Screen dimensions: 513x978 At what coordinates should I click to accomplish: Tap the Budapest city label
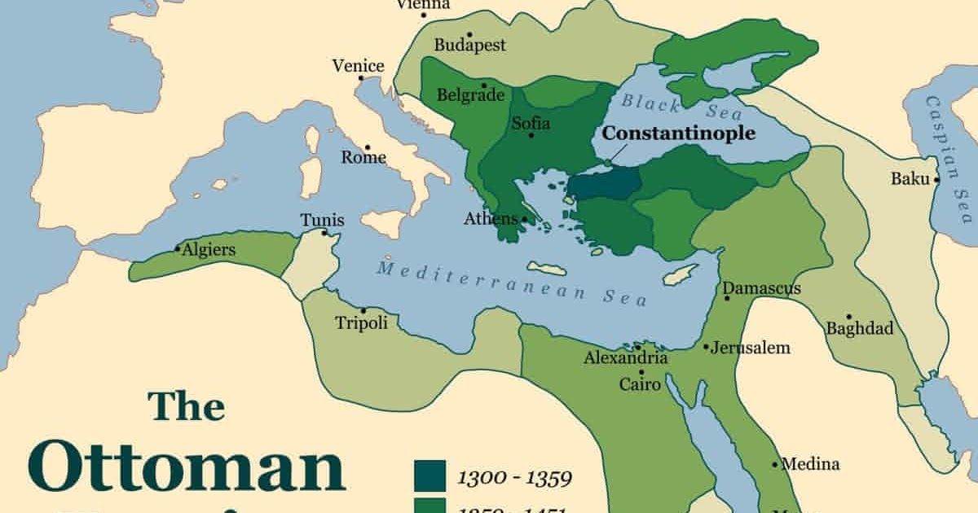(469, 45)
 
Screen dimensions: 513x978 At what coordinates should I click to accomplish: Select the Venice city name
(358, 66)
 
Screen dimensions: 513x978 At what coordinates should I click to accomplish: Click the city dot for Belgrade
(484, 85)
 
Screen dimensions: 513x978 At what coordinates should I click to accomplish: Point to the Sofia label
(531, 124)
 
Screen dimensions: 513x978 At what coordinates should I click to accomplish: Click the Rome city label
(363, 157)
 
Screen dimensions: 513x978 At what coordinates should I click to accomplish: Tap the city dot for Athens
(524, 218)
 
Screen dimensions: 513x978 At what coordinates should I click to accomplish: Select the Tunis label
(322, 221)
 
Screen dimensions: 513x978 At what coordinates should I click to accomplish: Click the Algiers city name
(209, 250)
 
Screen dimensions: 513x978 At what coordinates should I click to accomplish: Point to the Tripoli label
(361, 323)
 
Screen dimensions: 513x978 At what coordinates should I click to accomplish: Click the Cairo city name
(640, 384)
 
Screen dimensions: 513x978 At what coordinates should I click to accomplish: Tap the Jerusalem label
(751, 348)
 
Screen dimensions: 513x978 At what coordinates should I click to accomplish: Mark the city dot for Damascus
(727, 298)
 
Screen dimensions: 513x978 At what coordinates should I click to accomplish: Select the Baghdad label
(860, 329)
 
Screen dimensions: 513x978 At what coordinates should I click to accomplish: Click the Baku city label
(910, 178)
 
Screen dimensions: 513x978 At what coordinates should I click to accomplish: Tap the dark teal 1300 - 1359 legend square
(430, 476)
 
